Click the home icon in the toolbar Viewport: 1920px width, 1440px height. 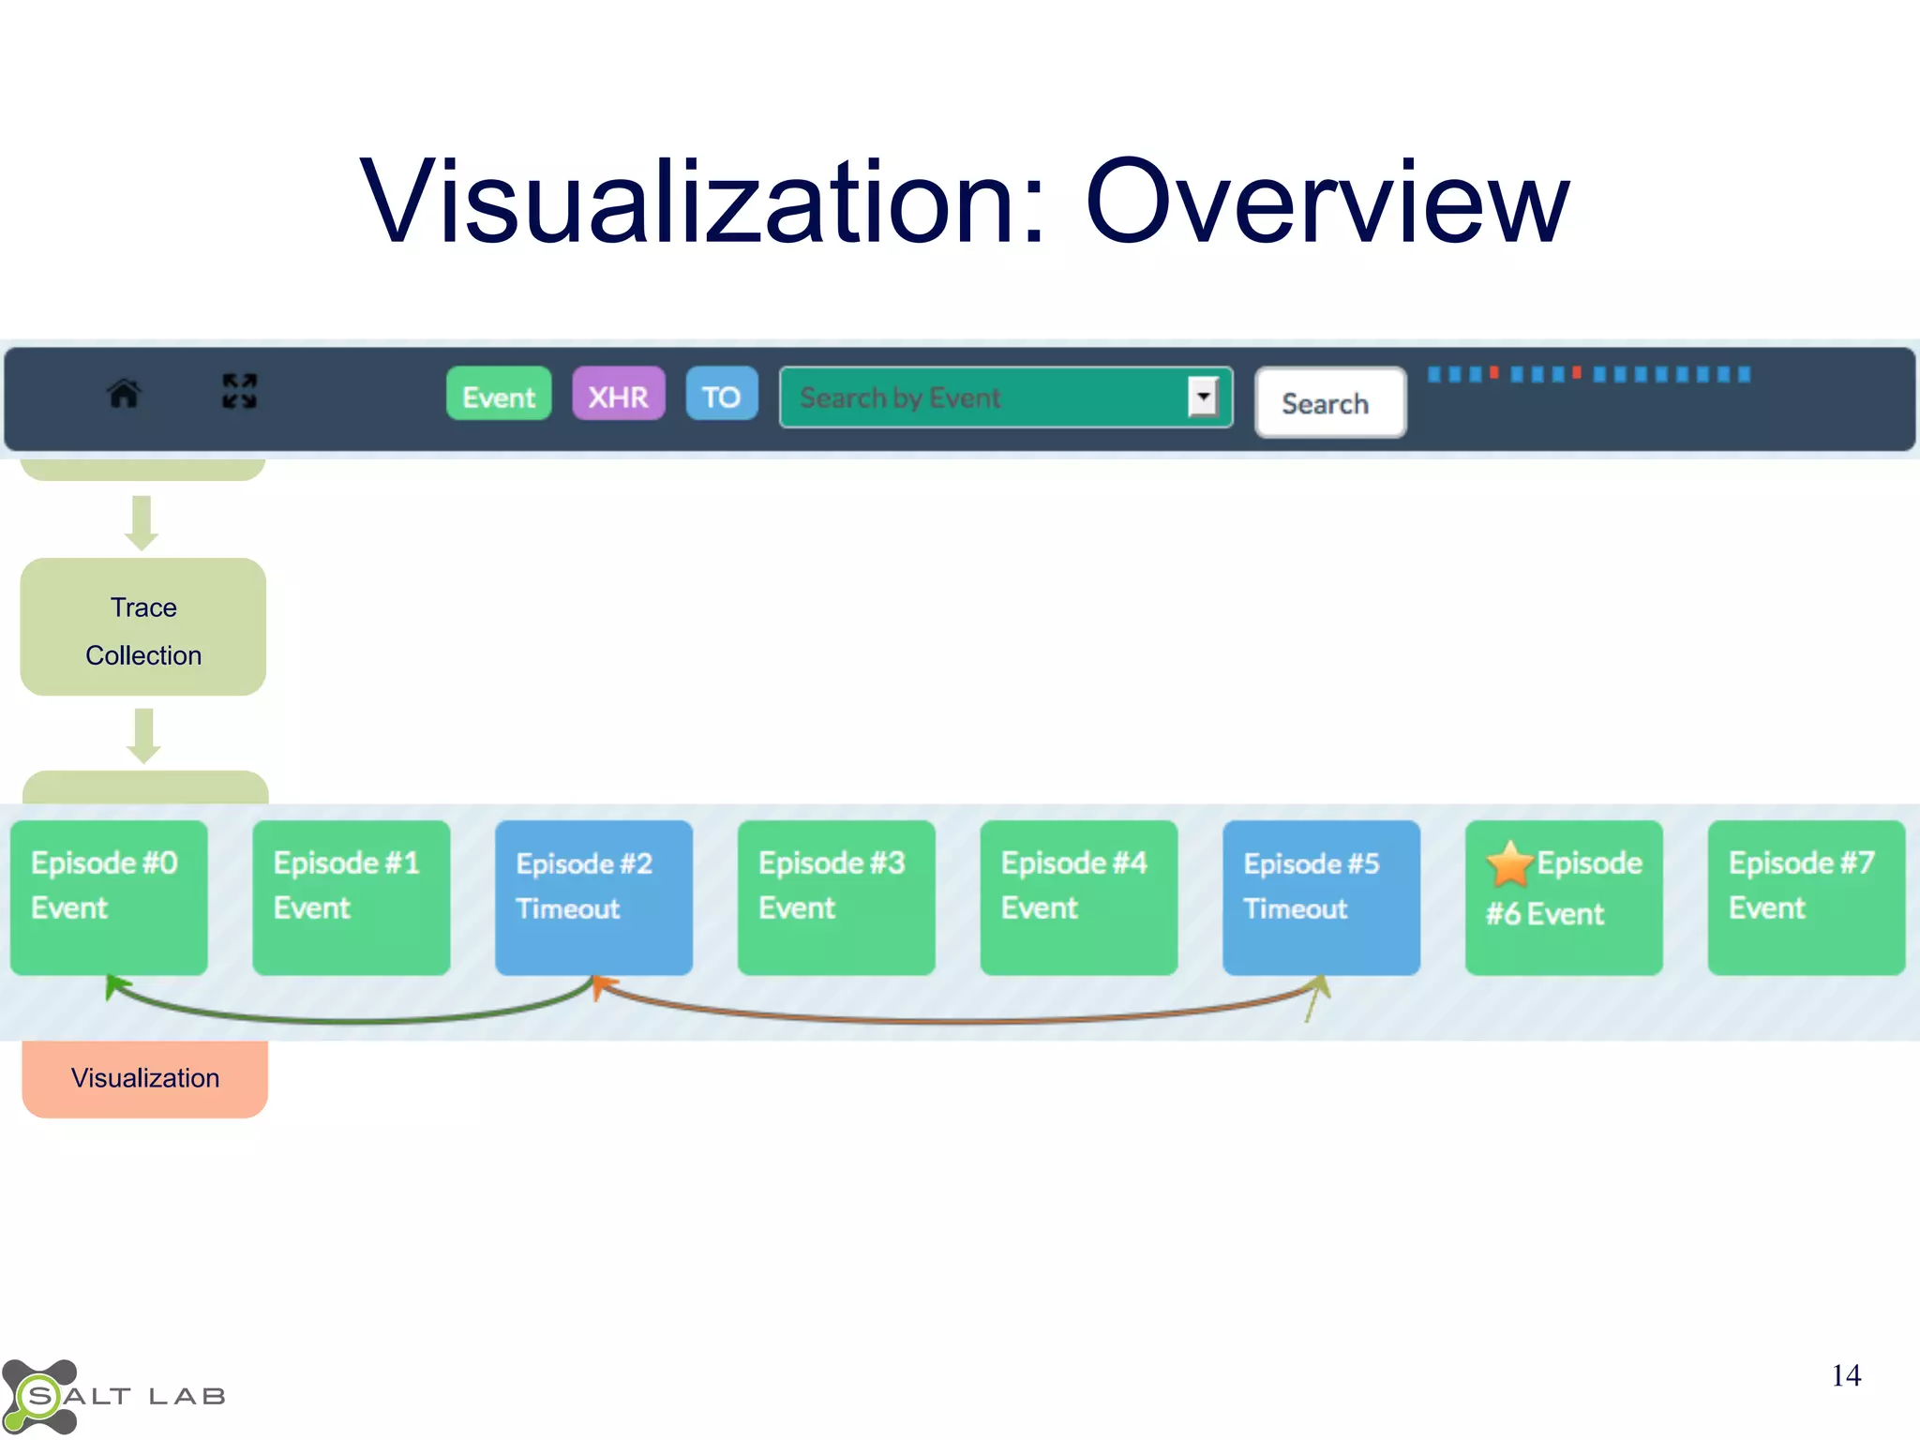tap(124, 393)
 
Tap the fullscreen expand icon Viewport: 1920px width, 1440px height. tap(239, 391)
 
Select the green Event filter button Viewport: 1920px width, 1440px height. tap(499, 395)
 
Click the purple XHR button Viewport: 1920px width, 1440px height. tap(619, 395)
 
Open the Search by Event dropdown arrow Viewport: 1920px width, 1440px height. tap(1204, 397)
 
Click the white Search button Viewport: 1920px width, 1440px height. tap(1329, 403)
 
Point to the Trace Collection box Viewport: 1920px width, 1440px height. tap(143, 627)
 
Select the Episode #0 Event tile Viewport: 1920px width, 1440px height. tap(109, 897)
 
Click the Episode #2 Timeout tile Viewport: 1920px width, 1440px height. tap(593, 897)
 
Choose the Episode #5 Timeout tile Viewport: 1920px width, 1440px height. tap(1321, 897)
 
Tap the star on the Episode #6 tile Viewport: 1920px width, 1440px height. tap(1509, 864)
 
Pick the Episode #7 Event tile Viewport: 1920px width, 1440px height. tap(1806, 897)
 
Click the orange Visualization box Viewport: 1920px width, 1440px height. tap(145, 1078)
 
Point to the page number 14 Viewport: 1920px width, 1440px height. tap(1846, 1375)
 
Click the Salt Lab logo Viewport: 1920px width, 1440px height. tap(112, 1396)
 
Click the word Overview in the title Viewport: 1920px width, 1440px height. tap(1326, 202)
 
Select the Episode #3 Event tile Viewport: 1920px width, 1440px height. tap(836, 897)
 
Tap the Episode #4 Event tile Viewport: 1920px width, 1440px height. tap(1078, 897)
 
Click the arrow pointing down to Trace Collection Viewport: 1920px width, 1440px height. tap(142, 522)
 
